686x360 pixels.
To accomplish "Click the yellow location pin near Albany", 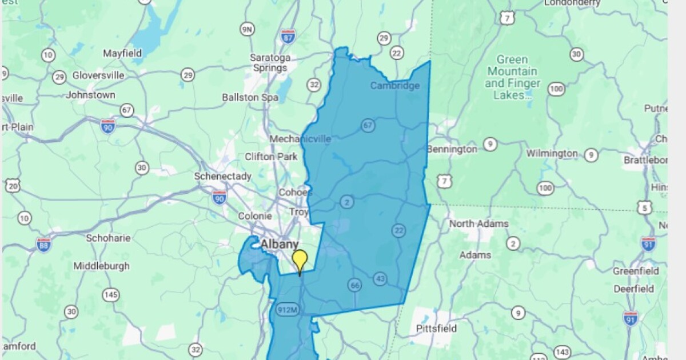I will click(x=300, y=261).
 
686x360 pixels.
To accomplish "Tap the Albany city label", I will click(x=280, y=245).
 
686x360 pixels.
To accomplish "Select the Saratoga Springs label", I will click(x=270, y=63).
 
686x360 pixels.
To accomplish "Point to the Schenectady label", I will click(x=222, y=177).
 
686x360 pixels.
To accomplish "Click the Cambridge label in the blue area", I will click(x=395, y=86).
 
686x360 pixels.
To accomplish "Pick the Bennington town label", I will click(x=452, y=149).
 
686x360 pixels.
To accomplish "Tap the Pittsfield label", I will click(x=436, y=329).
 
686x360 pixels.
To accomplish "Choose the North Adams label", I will click(x=478, y=223).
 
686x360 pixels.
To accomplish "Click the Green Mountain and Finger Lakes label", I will click(x=512, y=78).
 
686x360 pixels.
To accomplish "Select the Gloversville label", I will click(x=98, y=75).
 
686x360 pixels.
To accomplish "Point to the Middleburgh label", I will click(x=101, y=266).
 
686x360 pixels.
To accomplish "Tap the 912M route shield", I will click(x=288, y=310).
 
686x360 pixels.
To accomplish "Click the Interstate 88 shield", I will click(x=43, y=245).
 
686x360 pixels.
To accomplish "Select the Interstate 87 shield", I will click(x=288, y=37).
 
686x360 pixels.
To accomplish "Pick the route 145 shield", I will click(x=111, y=295).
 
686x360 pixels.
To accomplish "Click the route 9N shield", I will click(x=247, y=29).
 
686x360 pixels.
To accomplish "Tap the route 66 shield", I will click(x=354, y=285).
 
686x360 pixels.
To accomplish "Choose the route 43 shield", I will click(x=380, y=279).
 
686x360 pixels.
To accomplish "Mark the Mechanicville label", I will click(x=300, y=139).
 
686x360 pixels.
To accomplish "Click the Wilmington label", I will click(x=552, y=154).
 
